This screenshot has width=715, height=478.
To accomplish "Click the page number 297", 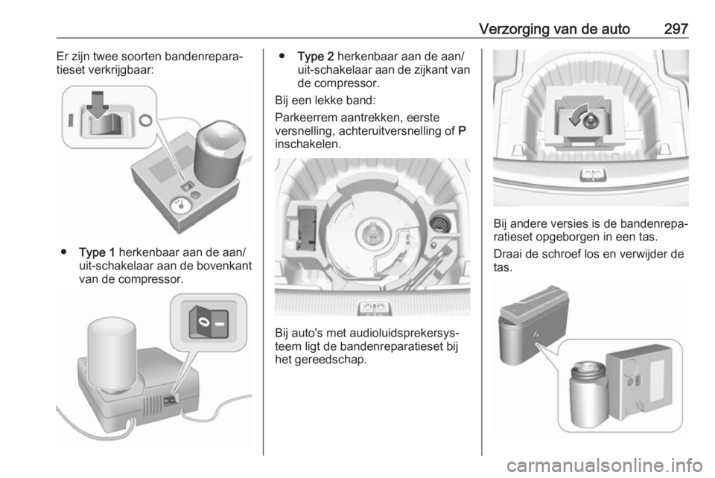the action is [676, 29].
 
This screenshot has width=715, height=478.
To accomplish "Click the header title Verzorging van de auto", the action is [554, 29].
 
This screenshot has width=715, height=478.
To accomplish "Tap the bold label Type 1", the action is [97, 252].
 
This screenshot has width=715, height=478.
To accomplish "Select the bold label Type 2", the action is [316, 57].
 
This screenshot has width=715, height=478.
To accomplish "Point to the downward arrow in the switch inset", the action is [98, 105].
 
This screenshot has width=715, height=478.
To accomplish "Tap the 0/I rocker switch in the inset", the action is [209, 322].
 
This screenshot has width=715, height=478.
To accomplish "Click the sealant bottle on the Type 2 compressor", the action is [111, 355].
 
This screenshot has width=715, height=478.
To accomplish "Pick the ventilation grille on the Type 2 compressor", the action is [153, 406].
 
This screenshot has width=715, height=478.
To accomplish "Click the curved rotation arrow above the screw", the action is [577, 115].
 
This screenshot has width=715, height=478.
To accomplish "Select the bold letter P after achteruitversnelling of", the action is [462, 131].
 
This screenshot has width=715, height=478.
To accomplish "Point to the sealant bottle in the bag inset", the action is [588, 392].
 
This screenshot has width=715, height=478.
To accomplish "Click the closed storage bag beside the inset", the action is [532, 324].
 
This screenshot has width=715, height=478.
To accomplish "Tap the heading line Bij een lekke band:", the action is [325, 101].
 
